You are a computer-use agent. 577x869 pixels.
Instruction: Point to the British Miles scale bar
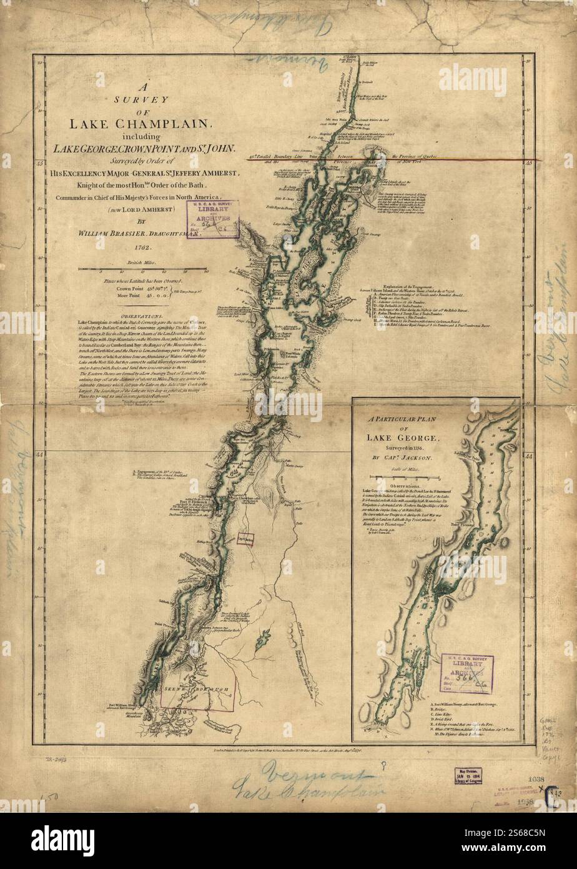point(143,269)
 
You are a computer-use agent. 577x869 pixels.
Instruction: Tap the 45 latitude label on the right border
point(528,163)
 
